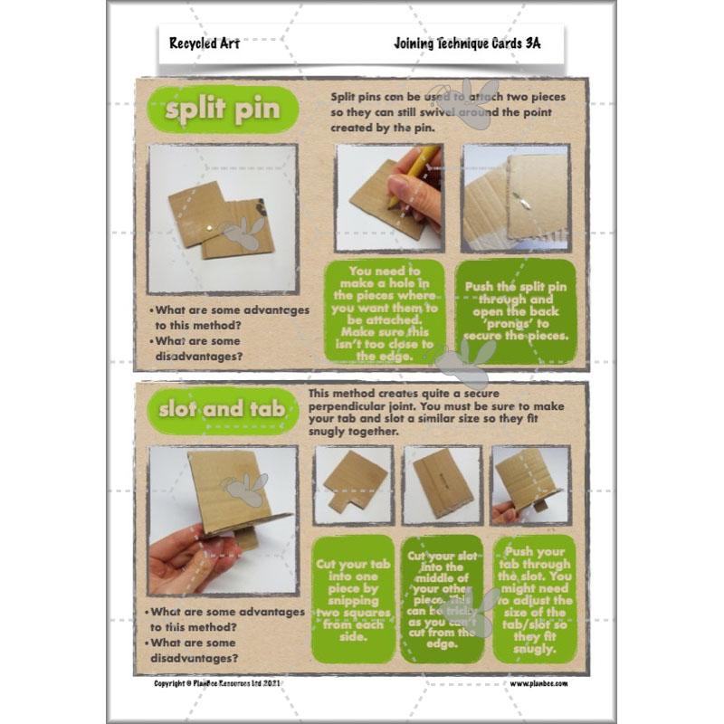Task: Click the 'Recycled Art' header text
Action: click(x=204, y=43)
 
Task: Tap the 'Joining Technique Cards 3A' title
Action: click(x=467, y=43)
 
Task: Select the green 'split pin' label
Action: click(x=222, y=110)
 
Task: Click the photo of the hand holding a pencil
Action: click(x=389, y=197)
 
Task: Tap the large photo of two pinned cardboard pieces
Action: click(x=222, y=217)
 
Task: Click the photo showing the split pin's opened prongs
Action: click(x=515, y=197)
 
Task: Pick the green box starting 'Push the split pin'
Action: click(x=514, y=310)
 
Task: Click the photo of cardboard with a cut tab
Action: click(x=353, y=485)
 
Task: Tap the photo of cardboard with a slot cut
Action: click(x=441, y=485)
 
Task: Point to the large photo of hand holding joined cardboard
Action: click(x=222, y=519)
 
